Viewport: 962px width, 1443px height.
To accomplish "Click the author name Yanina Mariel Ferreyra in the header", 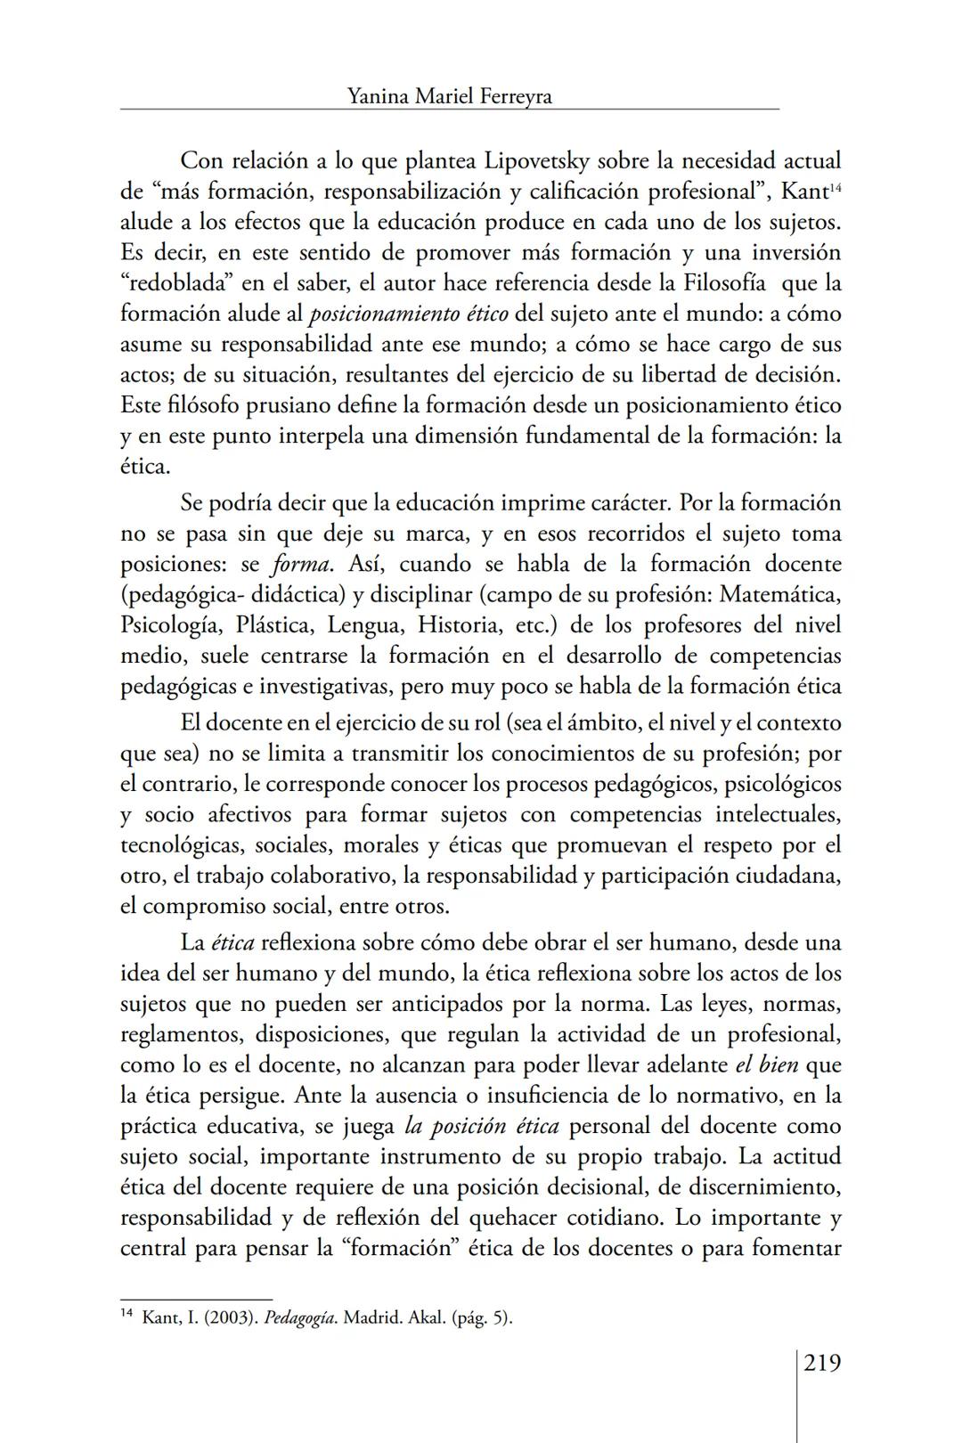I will pos(450,96).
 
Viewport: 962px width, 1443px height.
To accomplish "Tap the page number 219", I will pos(822,1362).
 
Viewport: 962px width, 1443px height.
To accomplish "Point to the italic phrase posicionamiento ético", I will pos(409,314).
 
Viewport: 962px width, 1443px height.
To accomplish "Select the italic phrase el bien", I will pos(766,1065).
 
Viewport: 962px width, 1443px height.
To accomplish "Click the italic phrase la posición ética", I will pos(481,1126).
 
